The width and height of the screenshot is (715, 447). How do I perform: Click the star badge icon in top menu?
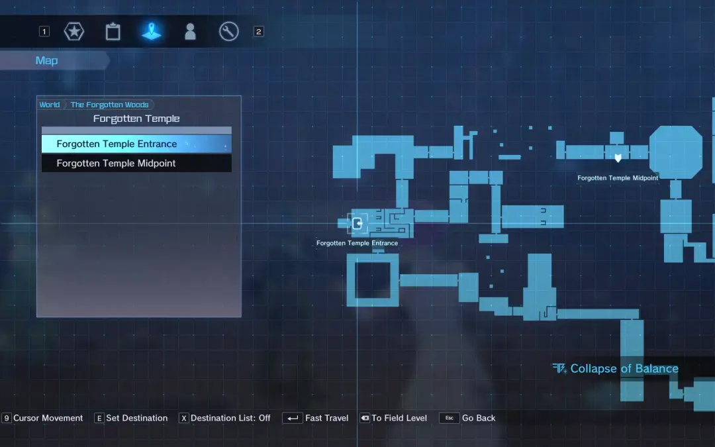tap(74, 32)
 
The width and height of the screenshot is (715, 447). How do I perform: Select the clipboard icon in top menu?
tap(113, 32)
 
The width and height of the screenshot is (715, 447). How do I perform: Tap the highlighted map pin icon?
tap(152, 31)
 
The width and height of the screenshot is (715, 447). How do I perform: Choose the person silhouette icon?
tap(190, 32)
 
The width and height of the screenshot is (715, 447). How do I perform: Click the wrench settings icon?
tap(229, 32)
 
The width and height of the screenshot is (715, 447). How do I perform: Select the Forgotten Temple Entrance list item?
tap(136, 144)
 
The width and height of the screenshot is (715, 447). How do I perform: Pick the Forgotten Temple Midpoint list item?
tap(136, 164)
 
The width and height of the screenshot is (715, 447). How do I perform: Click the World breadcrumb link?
tap(49, 105)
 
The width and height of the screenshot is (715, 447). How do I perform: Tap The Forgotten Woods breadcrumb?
tap(109, 105)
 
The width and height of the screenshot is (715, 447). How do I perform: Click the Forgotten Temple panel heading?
tap(136, 119)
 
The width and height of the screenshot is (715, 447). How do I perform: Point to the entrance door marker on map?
tap(358, 224)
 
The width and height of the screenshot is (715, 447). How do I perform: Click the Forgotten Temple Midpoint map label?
tap(618, 178)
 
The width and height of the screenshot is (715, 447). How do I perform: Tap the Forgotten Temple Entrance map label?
tap(357, 243)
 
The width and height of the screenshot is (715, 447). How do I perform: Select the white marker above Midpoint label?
tap(618, 158)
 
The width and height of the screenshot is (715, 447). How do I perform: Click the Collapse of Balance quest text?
tap(624, 369)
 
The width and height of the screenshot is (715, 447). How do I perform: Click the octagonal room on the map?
tap(675, 152)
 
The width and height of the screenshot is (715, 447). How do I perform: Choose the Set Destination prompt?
tap(131, 418)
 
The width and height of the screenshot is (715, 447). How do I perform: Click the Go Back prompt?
tap(467, 418)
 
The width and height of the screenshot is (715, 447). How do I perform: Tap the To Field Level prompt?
tap(393, 418)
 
